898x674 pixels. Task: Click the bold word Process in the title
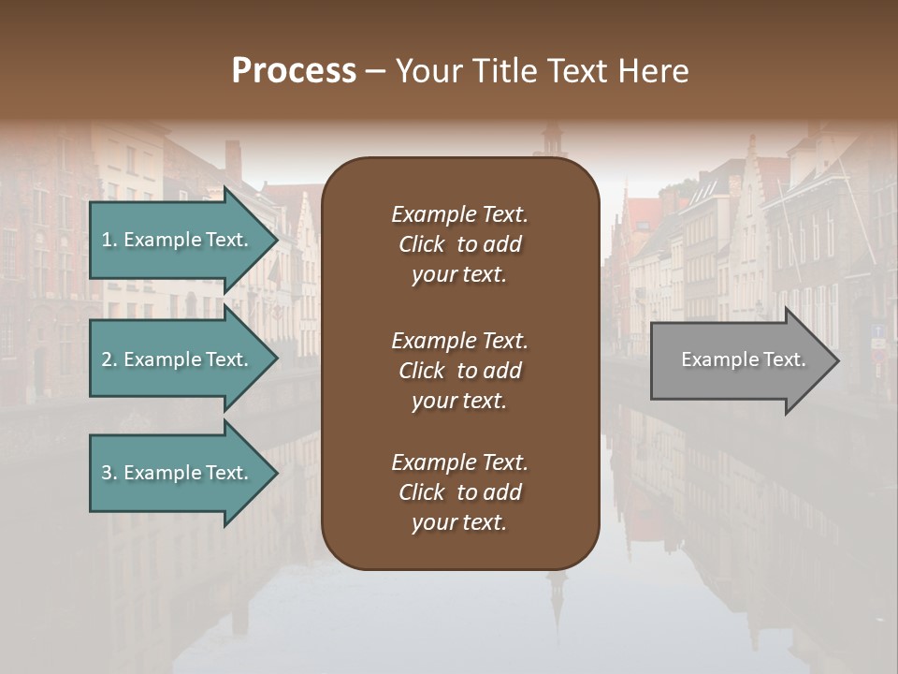pyautogui.click(x=294, y=71)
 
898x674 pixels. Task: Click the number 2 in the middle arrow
pyautogui.click(x=107, y=359)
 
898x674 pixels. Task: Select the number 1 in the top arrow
pyautogui.click(x=107, y=240)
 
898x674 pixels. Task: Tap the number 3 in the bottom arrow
pyautogui.click(x=107, y=473)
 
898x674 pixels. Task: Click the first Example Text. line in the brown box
pyautogui.click(x=459, y=214)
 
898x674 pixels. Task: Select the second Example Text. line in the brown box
pyautogui.click(x=459, y=341)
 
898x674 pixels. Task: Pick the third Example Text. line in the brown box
pyautogui.click(x=459, y=462)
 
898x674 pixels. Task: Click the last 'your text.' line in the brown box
pyautogui.click(x=459, y=522)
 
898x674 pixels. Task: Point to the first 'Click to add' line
pyautogui.click(x=459, y=244)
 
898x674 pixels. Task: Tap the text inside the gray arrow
pyautogui.click(x=743, y=359)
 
